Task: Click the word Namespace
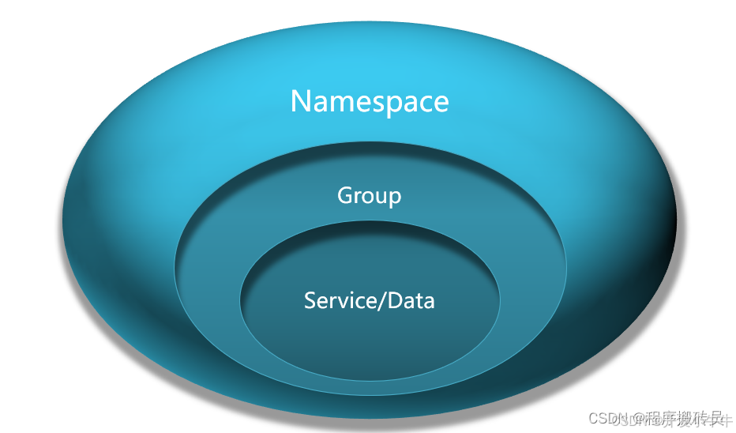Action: click(370, 102)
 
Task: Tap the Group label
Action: click(369, 195)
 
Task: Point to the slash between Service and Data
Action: click(384, 300)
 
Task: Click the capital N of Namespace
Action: click(302, 101)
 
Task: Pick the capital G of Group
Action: click(345, 195)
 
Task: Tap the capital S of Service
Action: click(310, 300)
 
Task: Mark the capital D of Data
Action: click(395, 300)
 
